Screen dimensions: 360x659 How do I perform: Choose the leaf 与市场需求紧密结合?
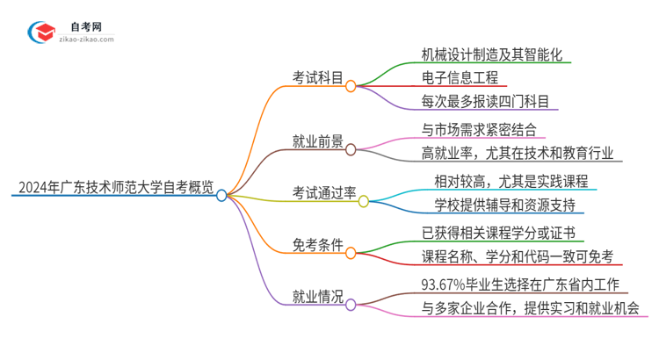coord(480,130)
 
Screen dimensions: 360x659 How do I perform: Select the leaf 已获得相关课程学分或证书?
coord(497,233)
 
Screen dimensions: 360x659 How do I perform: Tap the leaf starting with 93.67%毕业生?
coord(521,284)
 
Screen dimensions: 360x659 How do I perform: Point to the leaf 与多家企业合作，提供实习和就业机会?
coord(530,308)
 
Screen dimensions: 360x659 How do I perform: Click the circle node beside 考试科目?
coord(351,86)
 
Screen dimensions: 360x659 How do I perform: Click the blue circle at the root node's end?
coord(221,196)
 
